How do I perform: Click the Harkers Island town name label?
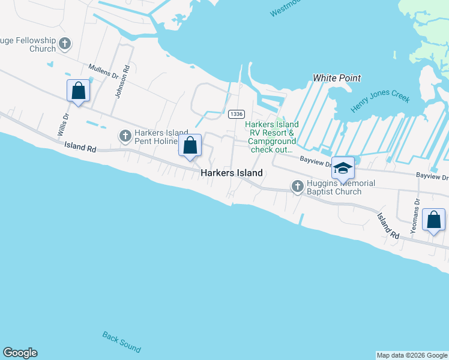click(x=231, y=173)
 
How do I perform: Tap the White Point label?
click(x=337, y=78)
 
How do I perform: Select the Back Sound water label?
click(x=122, y=342)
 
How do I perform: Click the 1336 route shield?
click(x=237, y=114)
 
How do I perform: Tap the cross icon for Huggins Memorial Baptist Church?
click(x=297, y=187)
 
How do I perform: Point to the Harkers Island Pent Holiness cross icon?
click(x=125, y=136)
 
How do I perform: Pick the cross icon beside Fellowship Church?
click(x=65, y=44)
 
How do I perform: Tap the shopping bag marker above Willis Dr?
click(x=78, y=91)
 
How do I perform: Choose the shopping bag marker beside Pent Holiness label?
click(x=190, y=145)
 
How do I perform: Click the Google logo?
click(x=20, y=353)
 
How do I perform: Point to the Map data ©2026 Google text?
click(x=412, y=355)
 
